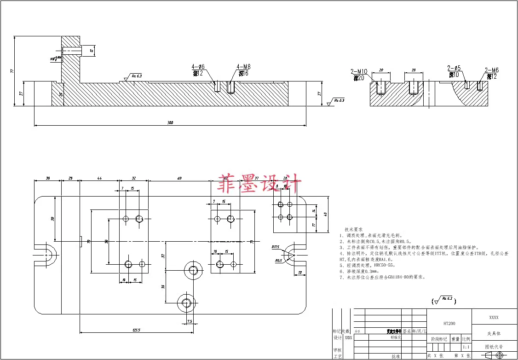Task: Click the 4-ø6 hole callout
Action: coord(198,67)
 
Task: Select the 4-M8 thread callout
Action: coord(243,67)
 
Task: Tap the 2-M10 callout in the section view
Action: coord(359,71)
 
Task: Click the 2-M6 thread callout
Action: coord(492,70)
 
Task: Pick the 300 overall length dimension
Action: coord(170,122)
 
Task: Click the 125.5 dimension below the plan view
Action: coord(136,330)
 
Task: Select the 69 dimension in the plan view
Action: coord(179,178)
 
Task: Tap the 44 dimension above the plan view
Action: coord(99,178)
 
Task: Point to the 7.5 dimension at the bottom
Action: coord(189,321)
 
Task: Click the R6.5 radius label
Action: coord(279,261)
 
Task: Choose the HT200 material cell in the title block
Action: coord(449,324)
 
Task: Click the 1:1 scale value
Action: coord(466,347)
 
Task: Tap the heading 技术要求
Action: coord(354,229)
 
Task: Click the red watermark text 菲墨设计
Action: coord(260,185)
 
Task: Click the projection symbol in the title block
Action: coord(494,355)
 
